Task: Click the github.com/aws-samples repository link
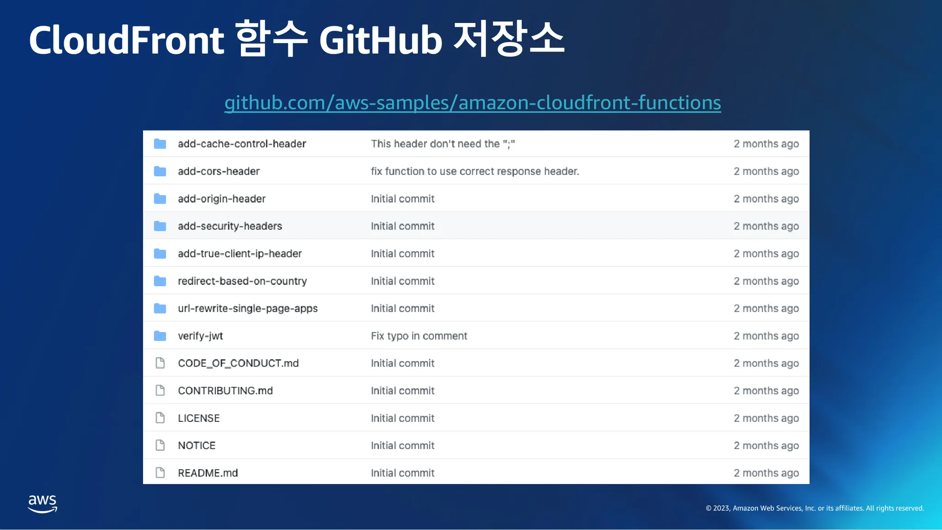click(x=472, y=103)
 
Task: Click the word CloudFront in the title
click(x=126, y=40)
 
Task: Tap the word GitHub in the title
click(x=381, y=40)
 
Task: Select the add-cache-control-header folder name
click(x=242, y=144)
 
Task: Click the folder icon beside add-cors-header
click(x=160, y=171)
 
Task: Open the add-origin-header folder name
click(x=222, y=199)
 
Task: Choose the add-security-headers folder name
click(x=230, y=226)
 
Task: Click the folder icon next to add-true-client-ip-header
click(x=160, y=253)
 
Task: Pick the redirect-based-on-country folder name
click(x=242, y=281)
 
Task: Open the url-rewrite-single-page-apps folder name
click(x=248, y=309)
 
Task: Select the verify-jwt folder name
click(x=201, y=336)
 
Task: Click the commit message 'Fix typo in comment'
click(x=419, y=336)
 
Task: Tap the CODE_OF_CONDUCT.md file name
click(x=238, y=363)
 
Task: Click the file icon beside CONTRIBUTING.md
click(x=160, y=391)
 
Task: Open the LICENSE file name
click(x=199, y=418)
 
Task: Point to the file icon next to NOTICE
click(x=160, y=445)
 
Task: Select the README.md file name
click(x=208, y=473)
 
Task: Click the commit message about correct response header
click(x=475, y=171)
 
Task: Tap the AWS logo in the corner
click(x=43, y=504)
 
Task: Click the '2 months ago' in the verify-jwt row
click(x=766, y=336)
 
